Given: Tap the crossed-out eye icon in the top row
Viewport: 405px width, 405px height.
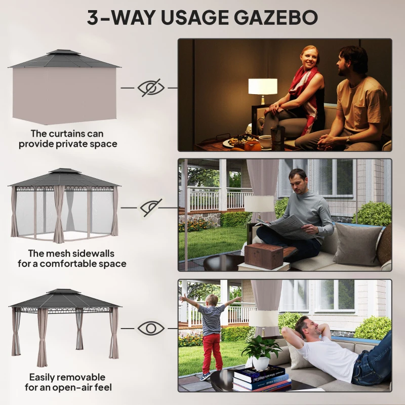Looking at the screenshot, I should click(151, 87).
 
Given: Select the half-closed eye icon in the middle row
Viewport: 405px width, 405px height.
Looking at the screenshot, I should click(151, 207).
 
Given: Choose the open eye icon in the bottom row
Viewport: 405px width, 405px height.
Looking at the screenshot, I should click(151, 328).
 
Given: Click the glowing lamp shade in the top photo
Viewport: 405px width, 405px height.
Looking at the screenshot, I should click(263, 86).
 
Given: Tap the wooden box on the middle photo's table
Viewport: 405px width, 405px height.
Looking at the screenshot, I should click(263, 256).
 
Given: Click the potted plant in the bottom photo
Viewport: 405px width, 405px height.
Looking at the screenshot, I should click(261, 352).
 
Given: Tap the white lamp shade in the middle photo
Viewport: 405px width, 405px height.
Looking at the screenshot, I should click(259, 204).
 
